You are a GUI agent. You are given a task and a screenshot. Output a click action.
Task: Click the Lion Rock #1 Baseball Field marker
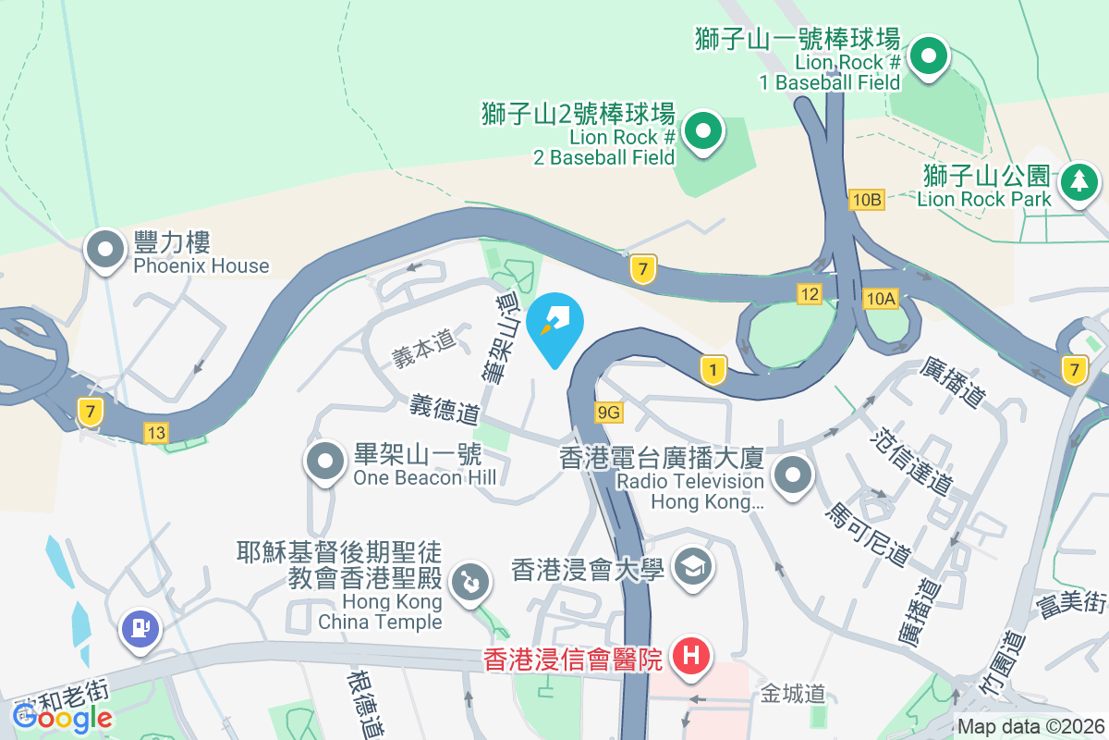928,57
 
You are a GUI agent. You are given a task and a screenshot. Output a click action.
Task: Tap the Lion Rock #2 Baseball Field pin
703,131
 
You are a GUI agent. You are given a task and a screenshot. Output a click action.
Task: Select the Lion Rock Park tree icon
1079,181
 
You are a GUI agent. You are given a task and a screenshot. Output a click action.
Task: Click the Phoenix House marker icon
105,250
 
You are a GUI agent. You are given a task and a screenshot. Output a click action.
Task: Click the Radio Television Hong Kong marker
792,477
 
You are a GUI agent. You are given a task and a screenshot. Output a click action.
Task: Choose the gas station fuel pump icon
140,630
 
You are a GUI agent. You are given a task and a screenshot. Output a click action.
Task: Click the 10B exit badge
868,200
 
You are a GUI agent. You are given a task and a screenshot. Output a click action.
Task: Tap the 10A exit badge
881,298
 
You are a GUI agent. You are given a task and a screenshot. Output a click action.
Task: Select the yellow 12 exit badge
810,294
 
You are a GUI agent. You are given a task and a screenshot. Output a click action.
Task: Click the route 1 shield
713,370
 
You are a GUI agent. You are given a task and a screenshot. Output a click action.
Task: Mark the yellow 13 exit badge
156,432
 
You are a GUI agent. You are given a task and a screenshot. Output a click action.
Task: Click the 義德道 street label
445,407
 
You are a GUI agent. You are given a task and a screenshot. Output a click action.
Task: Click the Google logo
63,716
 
